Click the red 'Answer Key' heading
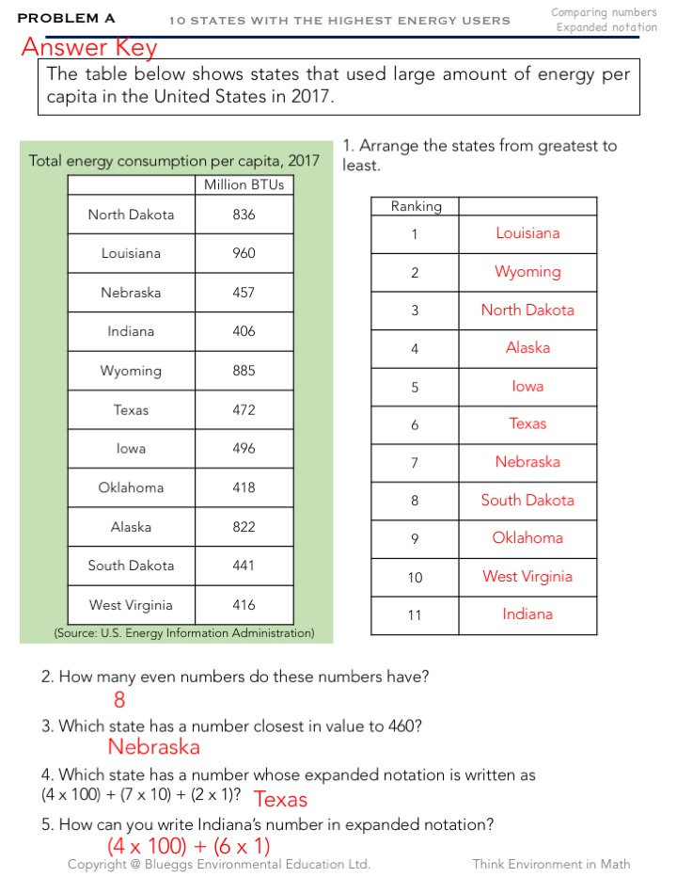click(89, 47)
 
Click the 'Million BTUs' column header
click(244, 184)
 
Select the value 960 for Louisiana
click(244, 253)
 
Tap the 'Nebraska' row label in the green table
click(131, 293)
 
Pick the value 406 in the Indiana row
click(244, 331)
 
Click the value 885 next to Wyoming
click(244, 371)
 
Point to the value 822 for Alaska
click(244, 527)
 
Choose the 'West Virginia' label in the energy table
click(131, 605)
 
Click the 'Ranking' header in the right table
click(416, 206)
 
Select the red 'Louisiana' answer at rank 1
click(527, 233)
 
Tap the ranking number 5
click(415, 387)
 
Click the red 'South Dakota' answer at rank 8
click(527, 501)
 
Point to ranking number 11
click(415, 615)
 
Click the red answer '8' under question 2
click(119, 700)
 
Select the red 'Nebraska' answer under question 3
click(153, 747)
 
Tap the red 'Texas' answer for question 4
click(281, 800)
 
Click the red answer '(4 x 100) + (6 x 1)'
click(189, 846)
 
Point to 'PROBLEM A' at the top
click(66, 18)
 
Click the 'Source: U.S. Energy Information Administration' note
click(184, 632)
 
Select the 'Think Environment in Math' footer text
click(551, 864)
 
